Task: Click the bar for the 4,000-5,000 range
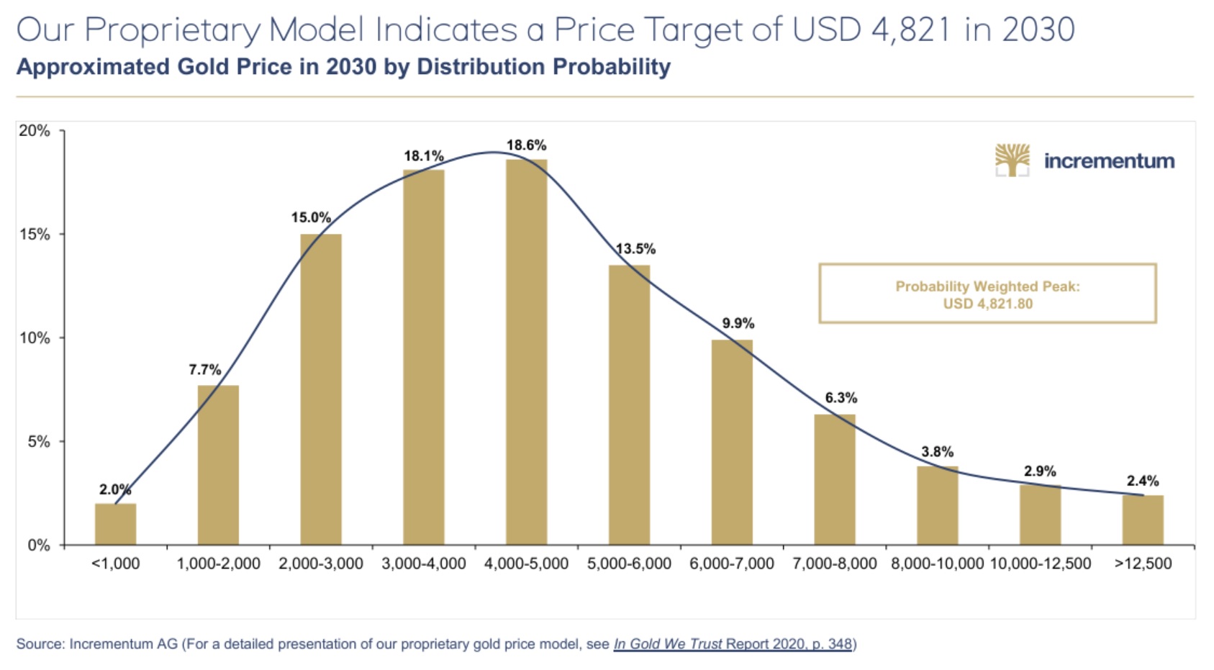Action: [526, 353]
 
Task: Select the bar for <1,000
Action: [115, 524]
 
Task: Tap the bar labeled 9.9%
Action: [732, 442]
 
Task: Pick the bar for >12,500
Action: [1143, 520]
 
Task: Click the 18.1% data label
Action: [423, 156]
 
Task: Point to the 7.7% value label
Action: [204, 370]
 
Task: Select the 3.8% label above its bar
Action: [937, 452]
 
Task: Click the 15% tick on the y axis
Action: [35, 235]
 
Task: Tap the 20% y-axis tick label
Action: [35, 131]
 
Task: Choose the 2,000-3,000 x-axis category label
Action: [321, 563]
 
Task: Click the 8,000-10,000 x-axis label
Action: [937, 563]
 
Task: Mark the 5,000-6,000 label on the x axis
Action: [629, 563]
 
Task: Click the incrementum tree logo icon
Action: [1012, 160]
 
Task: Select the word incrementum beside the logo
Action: [1109, 160]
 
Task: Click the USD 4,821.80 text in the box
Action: [987, 304]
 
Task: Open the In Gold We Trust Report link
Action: [732, 644]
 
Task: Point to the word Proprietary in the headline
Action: [171, 30]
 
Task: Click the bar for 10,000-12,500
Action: [1040, 515]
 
